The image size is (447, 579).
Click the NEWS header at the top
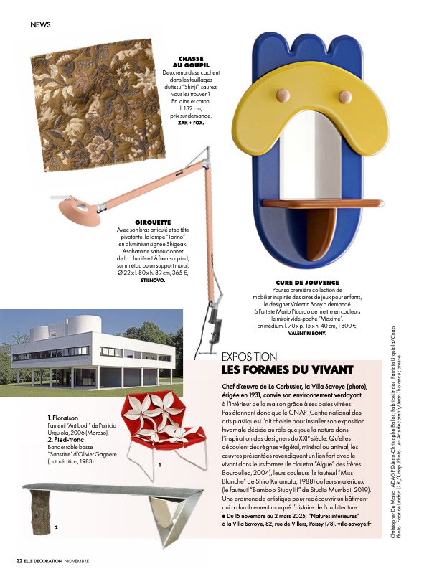coord(40,25)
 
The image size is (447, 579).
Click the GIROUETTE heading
coord(152,223)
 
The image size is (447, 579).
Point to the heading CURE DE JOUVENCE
coord(307,283)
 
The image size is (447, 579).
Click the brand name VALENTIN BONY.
coord(307,334)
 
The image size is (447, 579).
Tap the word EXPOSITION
coord(249,357)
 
